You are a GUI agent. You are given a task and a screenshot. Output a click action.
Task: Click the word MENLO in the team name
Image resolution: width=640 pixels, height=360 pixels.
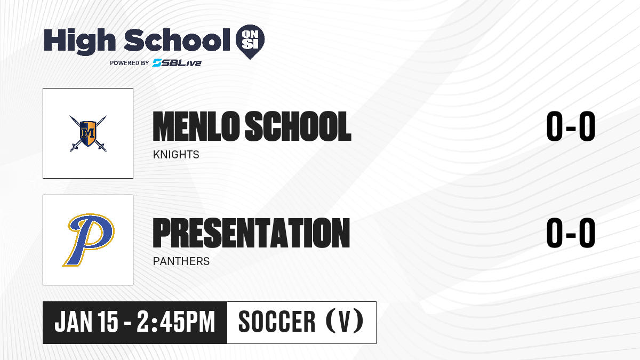(x=196, y=126)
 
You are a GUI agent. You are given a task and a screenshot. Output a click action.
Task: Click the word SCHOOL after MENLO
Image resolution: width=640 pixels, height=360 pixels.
(x=298, y=126)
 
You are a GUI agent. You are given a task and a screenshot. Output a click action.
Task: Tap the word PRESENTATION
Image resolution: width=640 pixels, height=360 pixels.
(x=251, y=233)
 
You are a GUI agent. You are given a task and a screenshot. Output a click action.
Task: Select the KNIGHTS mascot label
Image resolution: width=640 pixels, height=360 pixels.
(x=176, y=155)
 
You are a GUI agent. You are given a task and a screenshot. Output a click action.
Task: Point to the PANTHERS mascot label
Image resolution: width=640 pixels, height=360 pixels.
(x=181, y=261)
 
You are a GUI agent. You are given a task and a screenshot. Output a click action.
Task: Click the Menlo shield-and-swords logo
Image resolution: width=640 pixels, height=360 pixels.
(x=88, y=133)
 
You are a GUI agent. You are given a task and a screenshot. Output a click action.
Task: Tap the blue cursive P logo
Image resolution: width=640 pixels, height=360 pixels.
(x=88, y=240)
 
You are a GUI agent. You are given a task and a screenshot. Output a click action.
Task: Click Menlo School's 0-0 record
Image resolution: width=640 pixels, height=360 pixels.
(x=571, y=126)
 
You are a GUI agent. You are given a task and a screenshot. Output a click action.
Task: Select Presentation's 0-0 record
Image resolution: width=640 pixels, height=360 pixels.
(x=571, y=233)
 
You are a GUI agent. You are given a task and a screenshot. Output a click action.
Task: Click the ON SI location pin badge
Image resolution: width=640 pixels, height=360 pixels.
(x=250, y=42)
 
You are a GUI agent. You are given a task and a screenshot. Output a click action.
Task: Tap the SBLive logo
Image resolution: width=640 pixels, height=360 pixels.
(x=177, y=63)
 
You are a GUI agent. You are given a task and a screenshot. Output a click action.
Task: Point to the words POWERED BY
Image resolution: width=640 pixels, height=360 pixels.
(x=130, y=63)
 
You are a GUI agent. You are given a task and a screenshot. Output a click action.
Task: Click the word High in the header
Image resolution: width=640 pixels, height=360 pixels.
(x=79, y=42)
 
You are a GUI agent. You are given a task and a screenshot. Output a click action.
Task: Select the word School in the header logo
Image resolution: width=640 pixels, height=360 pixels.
(x=177, y=40)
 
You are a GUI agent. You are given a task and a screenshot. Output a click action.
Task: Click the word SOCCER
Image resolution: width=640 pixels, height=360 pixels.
(x=277, y=322)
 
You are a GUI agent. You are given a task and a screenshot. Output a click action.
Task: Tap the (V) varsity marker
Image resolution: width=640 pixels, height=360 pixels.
(x=345, y=321)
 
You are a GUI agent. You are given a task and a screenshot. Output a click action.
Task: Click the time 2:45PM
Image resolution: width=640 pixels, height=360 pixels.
(x=175, y=322)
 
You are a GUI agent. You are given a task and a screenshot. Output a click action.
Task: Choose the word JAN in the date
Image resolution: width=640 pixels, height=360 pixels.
(x=74, y=322)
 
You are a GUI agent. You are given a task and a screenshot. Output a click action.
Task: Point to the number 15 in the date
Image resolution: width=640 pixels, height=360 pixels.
(x=108, y=322)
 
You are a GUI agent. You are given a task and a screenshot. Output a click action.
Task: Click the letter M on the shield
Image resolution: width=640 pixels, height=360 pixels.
(x=87, y=133)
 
